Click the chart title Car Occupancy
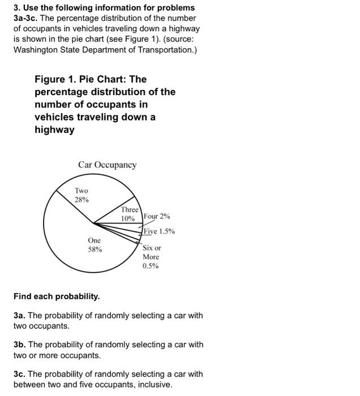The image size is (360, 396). pos(107,165)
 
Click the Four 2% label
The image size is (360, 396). pos(157,217)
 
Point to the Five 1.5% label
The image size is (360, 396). pos(159,231)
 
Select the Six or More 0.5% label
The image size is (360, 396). pos(151,257)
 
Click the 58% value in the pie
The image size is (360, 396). pos(95,249)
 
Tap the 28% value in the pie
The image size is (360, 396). pos(82,200)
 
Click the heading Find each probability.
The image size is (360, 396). pos(57,296)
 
